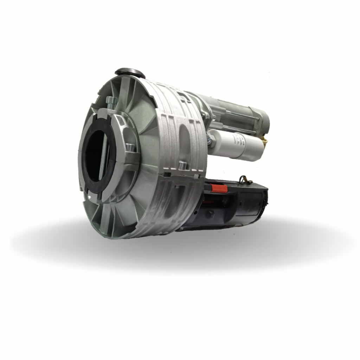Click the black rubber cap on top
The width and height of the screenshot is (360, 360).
(130, 73)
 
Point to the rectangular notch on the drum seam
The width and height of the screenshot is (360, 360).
(168, 174)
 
